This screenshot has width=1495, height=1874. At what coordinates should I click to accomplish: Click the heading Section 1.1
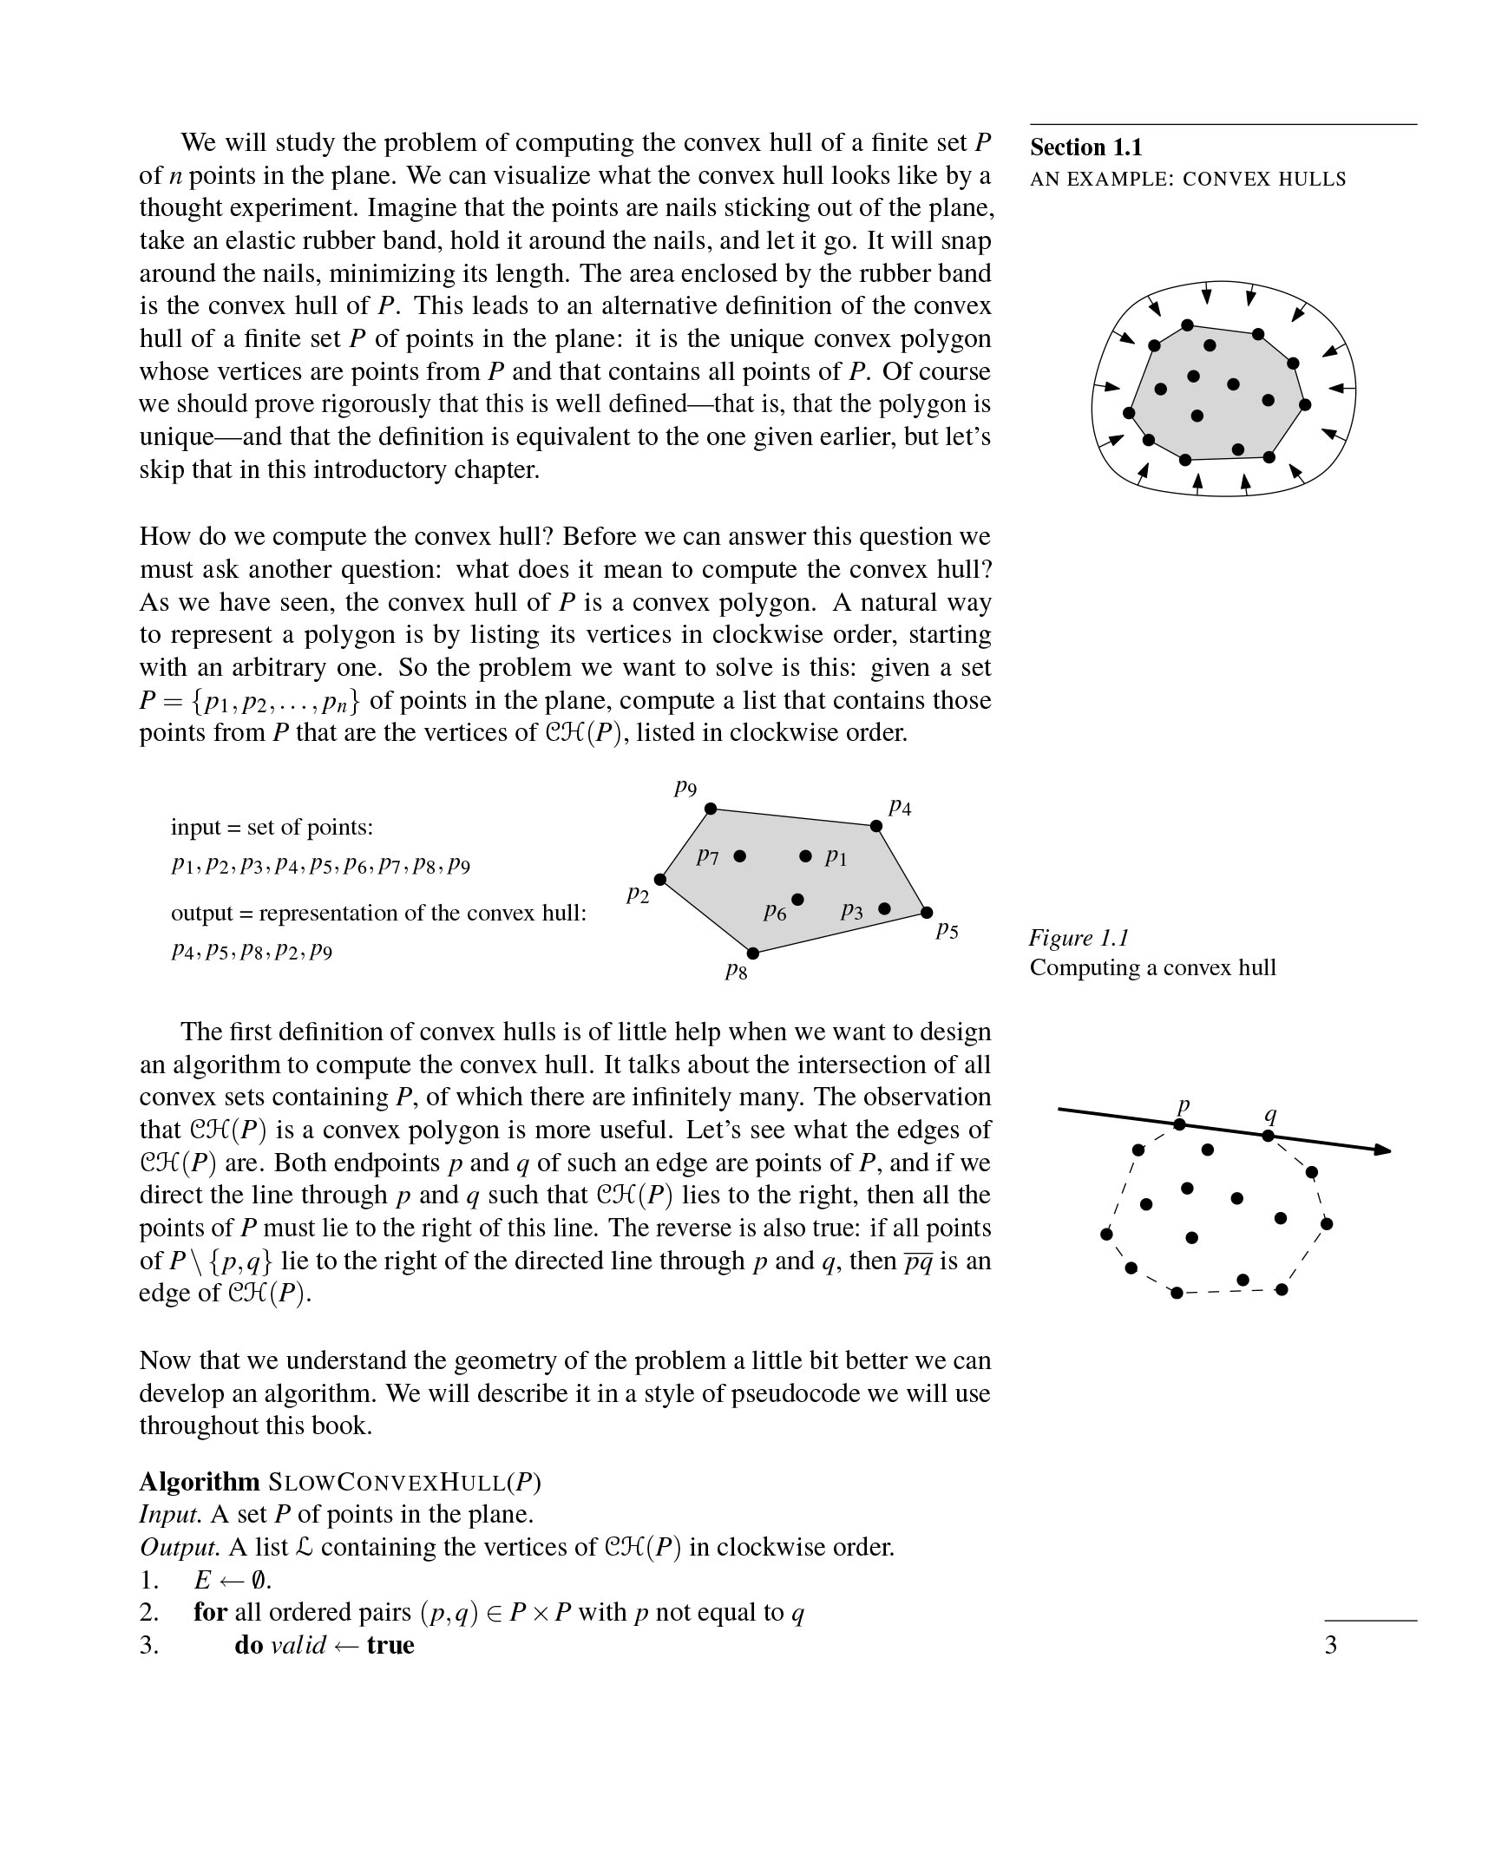1085,147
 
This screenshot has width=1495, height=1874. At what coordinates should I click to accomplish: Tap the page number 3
1330,1645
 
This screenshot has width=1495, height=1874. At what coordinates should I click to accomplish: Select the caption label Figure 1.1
1079,937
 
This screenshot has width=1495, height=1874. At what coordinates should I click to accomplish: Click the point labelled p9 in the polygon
710,809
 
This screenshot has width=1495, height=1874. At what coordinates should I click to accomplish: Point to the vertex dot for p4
876,826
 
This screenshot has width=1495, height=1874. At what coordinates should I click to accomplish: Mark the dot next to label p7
739,856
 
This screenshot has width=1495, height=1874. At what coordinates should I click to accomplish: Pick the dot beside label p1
806,856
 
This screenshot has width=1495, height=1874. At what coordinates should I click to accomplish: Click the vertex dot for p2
659,880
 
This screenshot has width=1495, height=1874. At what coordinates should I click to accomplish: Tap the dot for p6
798,899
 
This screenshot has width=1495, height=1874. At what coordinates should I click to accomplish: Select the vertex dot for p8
753,953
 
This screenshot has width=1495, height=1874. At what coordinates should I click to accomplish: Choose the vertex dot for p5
927,912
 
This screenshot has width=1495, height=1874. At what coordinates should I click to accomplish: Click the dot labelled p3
885,908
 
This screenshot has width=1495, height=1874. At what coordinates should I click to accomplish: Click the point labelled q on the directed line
1269,1135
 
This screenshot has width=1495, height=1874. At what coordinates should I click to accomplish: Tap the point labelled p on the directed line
1179,1124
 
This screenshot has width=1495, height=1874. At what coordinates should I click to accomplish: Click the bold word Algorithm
199,1481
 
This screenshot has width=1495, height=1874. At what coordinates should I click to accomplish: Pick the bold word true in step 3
390,1645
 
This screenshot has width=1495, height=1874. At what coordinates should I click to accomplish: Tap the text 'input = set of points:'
272,826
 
